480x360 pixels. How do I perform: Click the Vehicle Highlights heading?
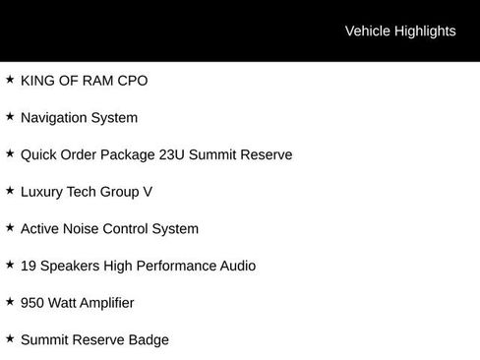click(x=400, y=30)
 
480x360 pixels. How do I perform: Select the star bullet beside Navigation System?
click(x=10, y=116)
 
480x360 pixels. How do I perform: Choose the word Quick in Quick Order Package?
click(x=39, y=154)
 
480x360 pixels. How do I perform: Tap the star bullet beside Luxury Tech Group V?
click(x=10, y=190)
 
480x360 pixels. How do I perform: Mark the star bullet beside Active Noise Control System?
click(x=10, y=227)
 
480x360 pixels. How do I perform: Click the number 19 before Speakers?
click(x=29, y=266)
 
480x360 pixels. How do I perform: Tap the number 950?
click(x=33, y=303)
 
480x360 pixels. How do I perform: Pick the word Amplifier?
click(x=101, y=303)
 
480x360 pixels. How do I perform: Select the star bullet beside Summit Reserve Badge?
click(x=10, y=338)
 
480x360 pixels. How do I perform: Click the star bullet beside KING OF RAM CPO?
click(x=10, y=79)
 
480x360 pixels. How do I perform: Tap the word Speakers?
click(x=71, y=266)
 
